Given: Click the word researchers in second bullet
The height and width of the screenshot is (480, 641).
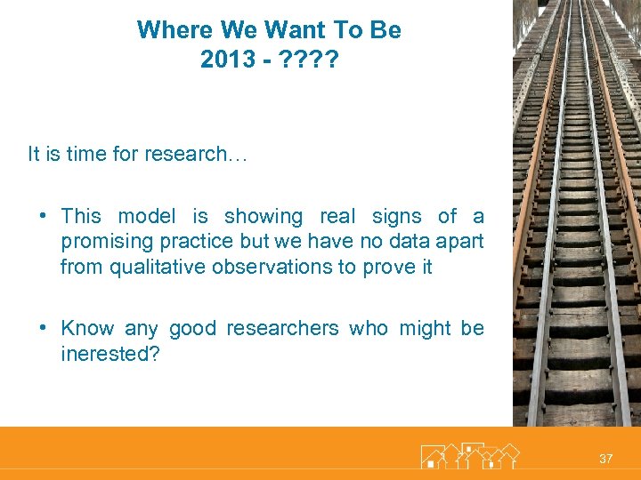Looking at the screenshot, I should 282,328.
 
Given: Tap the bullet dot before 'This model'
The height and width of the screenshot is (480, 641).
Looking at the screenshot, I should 43,216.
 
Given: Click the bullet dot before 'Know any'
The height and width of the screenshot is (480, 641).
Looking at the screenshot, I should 43,328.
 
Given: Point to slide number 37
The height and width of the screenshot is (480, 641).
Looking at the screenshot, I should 606,459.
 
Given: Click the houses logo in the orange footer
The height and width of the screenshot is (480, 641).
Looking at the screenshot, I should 469,455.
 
